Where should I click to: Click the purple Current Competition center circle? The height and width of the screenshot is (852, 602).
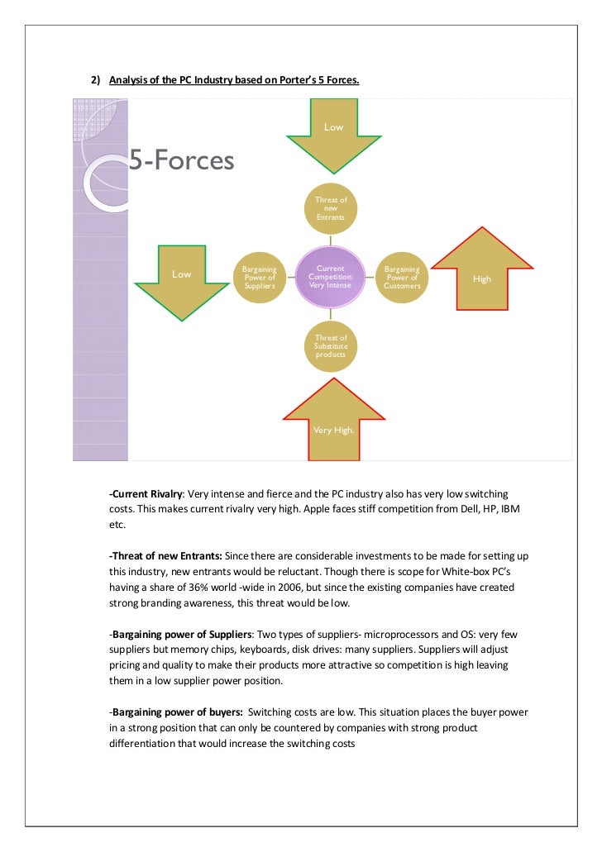click(330, 278)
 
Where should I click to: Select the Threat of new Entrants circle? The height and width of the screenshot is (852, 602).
click(331, 207)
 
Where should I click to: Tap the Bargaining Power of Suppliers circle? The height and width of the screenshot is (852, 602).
click(259, 278)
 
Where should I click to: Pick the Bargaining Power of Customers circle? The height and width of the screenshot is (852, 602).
click(402, 278)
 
